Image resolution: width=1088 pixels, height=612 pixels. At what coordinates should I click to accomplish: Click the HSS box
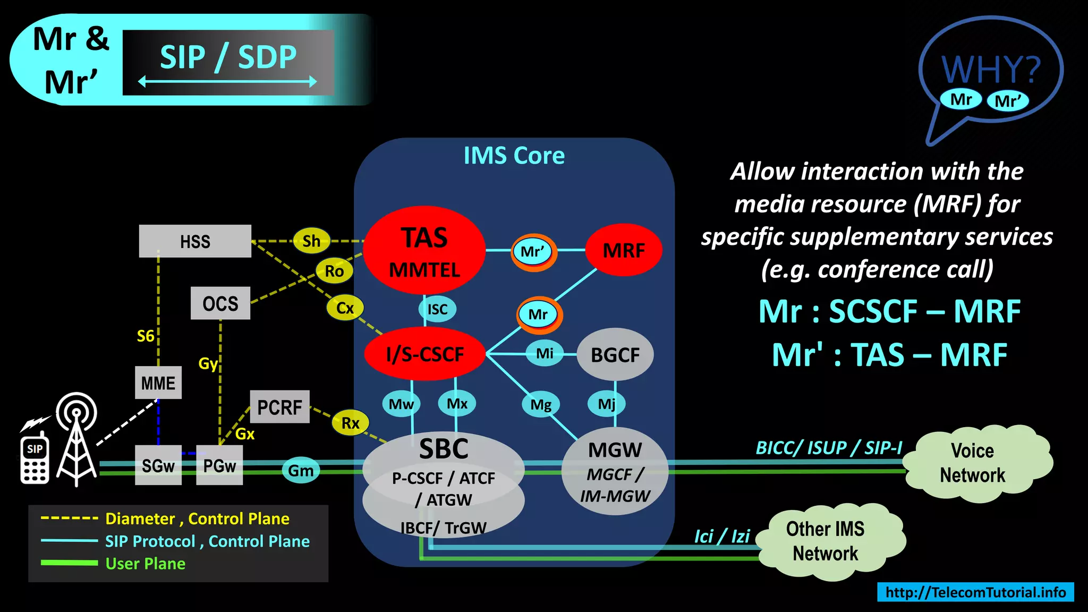[x=195, y=241]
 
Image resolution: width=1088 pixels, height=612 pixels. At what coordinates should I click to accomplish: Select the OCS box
[x=220, y=303]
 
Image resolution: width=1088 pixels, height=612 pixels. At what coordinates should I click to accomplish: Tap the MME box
[x=158, y=382]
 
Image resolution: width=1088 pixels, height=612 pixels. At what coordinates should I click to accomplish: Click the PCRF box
[x=279, y=407]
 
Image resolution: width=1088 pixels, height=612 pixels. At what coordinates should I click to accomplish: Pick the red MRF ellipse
[x=623, y=250]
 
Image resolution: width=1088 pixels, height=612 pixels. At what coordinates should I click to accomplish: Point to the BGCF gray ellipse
[x=615, y=354]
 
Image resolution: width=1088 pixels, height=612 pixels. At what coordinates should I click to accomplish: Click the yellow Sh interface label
[x=311, y=241]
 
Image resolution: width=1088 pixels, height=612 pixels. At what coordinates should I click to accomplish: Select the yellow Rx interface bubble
[x=350, y=423]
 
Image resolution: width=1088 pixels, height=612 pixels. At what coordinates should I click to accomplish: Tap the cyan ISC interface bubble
[x=437, y=309]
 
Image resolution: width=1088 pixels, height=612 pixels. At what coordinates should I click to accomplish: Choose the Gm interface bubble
[x=301, y=471]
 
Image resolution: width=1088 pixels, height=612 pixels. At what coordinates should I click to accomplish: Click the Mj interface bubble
[x=606, y=404]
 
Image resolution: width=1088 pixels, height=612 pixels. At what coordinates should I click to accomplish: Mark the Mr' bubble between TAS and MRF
[x=533, y=251]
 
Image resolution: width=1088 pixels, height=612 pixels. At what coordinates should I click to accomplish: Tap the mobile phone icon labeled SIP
[x=35, y=460]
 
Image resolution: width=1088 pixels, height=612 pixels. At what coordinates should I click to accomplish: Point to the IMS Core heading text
[x=514, y=156]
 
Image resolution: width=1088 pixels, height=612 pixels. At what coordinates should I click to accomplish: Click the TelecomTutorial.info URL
[x=975, y=592]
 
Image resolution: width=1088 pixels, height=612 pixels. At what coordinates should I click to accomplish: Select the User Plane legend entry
[x=145, y=564]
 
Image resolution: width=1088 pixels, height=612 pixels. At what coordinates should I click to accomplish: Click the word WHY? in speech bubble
[x=990, y=69]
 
